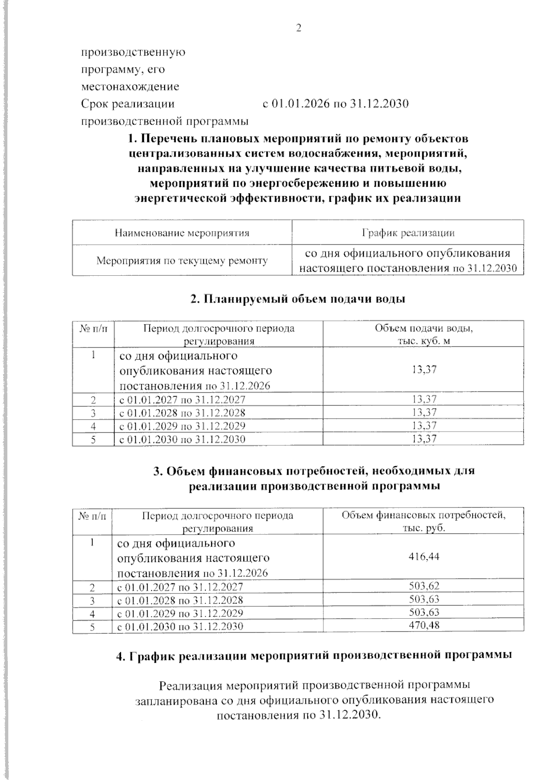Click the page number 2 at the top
(299, 28)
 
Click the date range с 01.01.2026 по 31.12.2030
(335, 104)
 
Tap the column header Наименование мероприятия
(182, 233)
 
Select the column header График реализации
(408, 233)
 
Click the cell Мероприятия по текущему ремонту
(182, 261)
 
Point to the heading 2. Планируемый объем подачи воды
(298, 299)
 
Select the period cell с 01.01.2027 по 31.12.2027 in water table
(182, 399)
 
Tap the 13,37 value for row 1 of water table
(424, 370)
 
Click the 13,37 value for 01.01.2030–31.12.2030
(424, 439)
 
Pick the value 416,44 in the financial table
(424, 557)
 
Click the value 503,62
(424, 586)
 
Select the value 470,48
(424, 626)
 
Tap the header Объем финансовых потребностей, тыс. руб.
(424, 521)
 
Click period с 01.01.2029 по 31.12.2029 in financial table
(180, 613)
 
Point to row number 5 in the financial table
(92, 626)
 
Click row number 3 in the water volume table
(93, 413)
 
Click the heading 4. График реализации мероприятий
(314, 656)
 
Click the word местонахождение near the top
(130, 87)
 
